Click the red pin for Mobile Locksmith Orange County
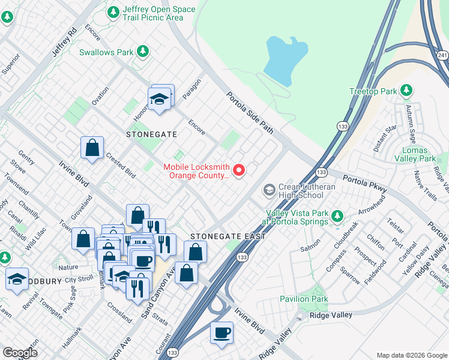pos(239,171)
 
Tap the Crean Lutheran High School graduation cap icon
pos(269,190)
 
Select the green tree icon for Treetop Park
pos(407,91)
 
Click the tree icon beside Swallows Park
pos(143,52)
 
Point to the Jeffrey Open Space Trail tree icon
pos(113,12)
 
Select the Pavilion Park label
pos(304,299)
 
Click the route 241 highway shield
pos(442,55)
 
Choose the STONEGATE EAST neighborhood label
pos(228,236)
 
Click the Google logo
pos(20,353)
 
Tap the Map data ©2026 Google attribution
pos(412,355)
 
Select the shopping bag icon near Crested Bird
pos(92,148)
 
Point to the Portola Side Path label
pos(249,112)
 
